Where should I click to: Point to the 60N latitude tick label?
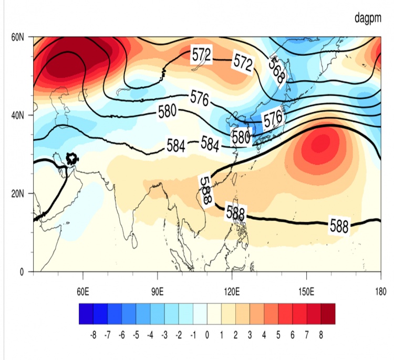click(x=18, y=37)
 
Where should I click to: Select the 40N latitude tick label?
click(x=18, y=115)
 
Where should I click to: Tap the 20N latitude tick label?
click(x=18, y=193)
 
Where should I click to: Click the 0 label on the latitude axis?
click(x=22, y=272)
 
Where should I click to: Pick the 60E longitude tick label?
click(x=83, y=291)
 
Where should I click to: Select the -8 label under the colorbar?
click(x=93, y=334)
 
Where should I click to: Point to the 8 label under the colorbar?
click(x=320, y=334)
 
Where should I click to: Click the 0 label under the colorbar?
click(x=207, y=334)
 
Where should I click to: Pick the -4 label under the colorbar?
click(x=150, y=334)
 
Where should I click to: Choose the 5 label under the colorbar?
click(x=278, y=334)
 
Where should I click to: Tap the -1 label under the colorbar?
click(x=193, y=334)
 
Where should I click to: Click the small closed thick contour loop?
click(x=72, y=158)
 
